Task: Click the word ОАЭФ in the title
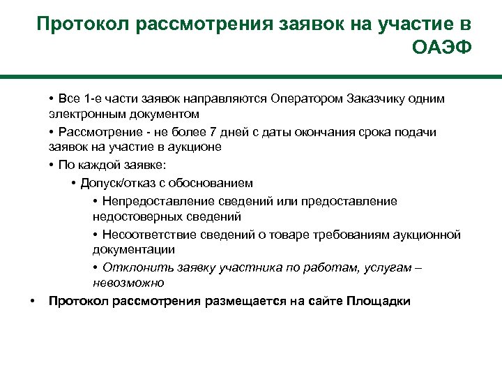click(x=442, y=49)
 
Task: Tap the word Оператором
click(x=305, y=98)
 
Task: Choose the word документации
click(x=133, y=249)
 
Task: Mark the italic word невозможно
click(x=128, y=283)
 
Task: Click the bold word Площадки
click(x=378, y=301)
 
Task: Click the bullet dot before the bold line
click(x=31, y=301)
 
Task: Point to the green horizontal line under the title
click(x=251, y=77)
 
